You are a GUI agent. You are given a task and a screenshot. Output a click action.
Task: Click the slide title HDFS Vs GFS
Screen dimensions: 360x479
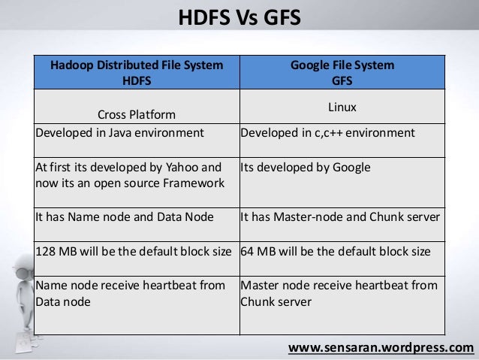(239, 16)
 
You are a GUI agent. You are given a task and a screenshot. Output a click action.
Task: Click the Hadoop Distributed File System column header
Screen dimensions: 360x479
(136, 72)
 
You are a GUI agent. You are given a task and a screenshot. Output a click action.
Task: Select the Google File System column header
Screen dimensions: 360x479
(342, 72)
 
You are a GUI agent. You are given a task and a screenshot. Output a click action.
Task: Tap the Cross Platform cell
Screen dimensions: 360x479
(136, 114)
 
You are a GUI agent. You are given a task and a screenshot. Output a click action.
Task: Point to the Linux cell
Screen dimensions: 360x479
(342, 108)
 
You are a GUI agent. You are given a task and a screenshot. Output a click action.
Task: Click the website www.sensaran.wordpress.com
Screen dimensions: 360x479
(381, 348)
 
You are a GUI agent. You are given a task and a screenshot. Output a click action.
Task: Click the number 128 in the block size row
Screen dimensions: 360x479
(46, 250)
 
